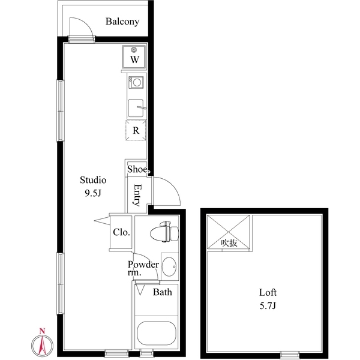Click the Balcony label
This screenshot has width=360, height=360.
(122, 22)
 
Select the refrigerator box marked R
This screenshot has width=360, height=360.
(136, 130)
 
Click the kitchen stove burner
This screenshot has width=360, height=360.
(136, 82)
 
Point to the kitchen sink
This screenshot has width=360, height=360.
(136, 108)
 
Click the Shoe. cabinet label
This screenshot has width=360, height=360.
(137, 169)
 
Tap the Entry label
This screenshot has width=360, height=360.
(137, 195)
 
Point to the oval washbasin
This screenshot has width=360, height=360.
(169, 265)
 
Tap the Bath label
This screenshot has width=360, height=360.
(162, 293)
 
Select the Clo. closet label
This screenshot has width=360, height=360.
(121, 232)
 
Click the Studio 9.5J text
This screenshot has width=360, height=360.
(94, 187)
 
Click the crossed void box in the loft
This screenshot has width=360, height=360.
(229, 232)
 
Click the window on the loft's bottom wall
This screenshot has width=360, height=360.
(290, 353)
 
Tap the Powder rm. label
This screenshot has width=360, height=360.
(143, 268)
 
